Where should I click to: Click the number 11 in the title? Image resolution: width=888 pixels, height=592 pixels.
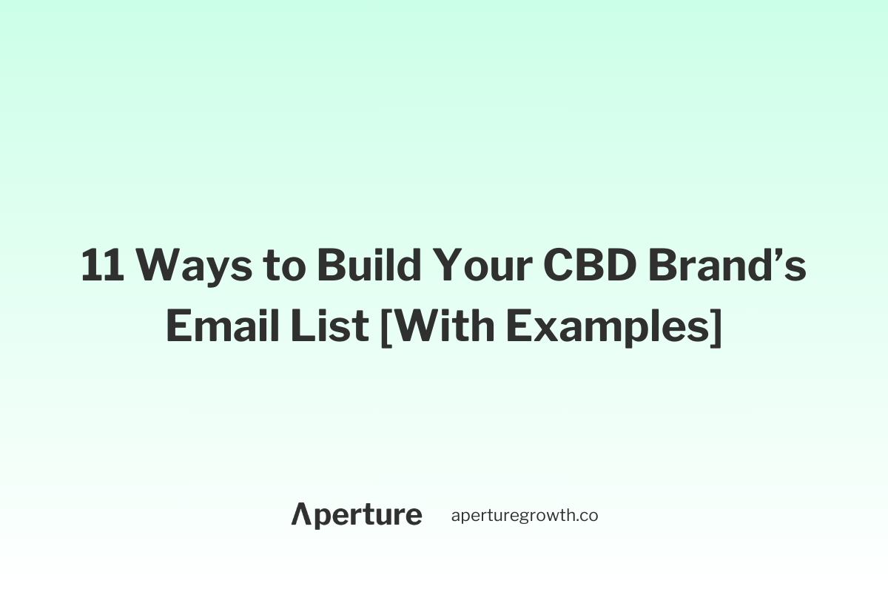click(x=102, y=264)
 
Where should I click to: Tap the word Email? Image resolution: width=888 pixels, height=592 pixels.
click(x=223, y=325)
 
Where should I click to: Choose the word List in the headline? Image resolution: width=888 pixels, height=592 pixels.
click(x=330, y=325)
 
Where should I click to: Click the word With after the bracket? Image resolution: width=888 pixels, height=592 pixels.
click(x=445, y=325)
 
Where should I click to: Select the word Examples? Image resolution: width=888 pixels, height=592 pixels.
click(x=608, y=328)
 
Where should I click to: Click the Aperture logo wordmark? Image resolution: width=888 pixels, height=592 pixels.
click(x=357, y=516)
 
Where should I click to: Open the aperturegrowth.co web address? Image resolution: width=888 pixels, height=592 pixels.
click(x=525, y=516)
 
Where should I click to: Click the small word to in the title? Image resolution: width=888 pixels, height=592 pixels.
click(x=284, y=266)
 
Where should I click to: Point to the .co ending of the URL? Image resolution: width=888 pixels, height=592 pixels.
click(x=586, y=517)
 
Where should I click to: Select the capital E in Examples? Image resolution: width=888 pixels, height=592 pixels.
click(x=519, y=325)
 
